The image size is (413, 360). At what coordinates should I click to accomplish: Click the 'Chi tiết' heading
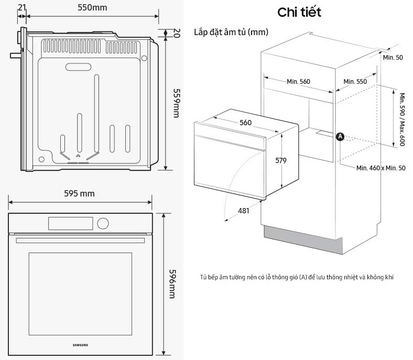(299, 12)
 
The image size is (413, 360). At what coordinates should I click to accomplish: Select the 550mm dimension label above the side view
(92, 7)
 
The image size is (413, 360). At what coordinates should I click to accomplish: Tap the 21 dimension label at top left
(21, 7)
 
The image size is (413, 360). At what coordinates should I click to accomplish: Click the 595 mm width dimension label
(80, 193)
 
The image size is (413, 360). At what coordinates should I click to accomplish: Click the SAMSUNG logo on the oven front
(80, 345)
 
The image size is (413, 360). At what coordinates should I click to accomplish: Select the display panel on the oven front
(71, 224)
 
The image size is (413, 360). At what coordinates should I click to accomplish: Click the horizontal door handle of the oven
(80, 241)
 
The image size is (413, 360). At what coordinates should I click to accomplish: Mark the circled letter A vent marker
(339, 136)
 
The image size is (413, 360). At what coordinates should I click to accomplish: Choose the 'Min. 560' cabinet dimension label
(299, 81)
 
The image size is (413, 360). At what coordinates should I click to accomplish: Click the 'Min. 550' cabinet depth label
(355, 81)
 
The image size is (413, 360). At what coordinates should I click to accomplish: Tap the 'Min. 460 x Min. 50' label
(381, 168)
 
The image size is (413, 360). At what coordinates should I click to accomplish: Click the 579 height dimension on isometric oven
(281, 161)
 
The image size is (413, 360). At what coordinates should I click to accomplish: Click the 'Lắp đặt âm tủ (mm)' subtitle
(231, 32)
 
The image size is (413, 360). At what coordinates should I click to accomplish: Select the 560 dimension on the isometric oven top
(246, 123)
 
